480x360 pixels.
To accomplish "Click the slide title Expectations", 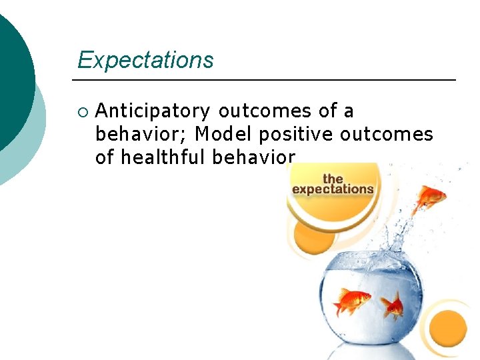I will click(145, 60).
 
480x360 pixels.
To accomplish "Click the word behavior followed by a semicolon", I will click(142, 134).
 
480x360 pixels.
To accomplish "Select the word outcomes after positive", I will click(386, 134).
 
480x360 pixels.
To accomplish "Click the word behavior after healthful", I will click(253, 157).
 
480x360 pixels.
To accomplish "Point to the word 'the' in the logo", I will click(333, 178).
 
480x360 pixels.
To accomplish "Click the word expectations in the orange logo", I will click(333, 189).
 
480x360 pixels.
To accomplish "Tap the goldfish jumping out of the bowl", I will click(429, 198).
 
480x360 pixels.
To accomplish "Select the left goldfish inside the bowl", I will click(351, 301).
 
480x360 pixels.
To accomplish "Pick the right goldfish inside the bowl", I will click(393, 307).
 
